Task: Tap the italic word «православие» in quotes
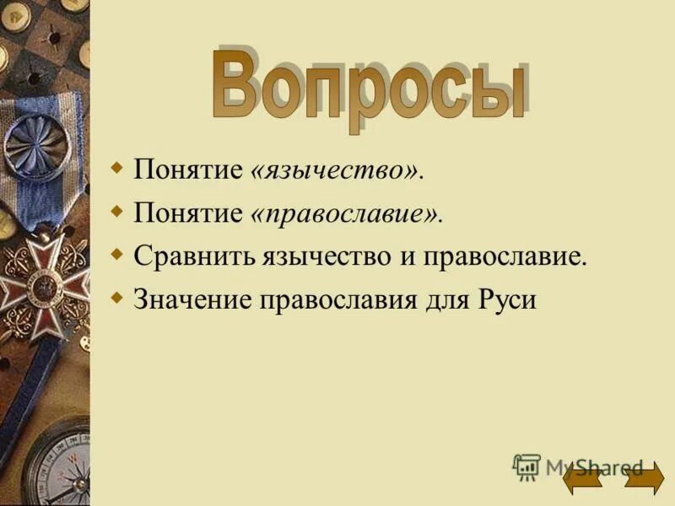tap(346, 214)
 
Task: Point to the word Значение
tap(184, 300)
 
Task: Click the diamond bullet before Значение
tap(117, 296)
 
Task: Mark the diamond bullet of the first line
tap(117, 166)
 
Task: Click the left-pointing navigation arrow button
tap(581, 478)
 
